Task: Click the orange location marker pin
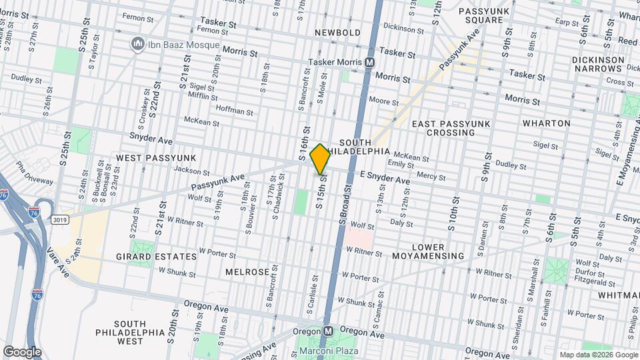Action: click(320, 159)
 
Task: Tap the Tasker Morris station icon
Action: click(369, 62)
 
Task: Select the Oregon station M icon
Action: click(328, 331)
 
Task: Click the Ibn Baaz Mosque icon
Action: click(139, 44)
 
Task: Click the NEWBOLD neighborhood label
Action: click(338, 32)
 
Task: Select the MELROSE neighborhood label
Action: click(247, 272)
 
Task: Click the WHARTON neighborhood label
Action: click(546, 123)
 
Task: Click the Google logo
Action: click(21, 351)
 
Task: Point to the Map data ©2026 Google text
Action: click(598, 355)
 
